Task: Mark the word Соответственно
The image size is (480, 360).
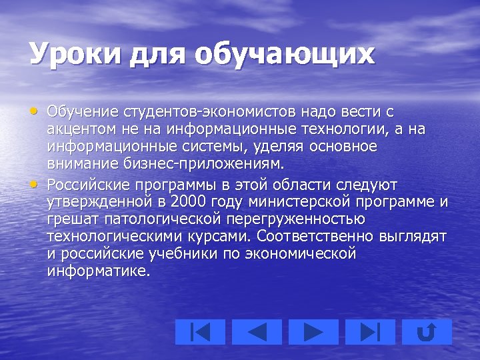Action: (x=313, y=237)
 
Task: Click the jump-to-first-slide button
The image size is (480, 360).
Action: (x=201, y=331)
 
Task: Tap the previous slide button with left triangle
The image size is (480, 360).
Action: (x=257, y=331)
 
